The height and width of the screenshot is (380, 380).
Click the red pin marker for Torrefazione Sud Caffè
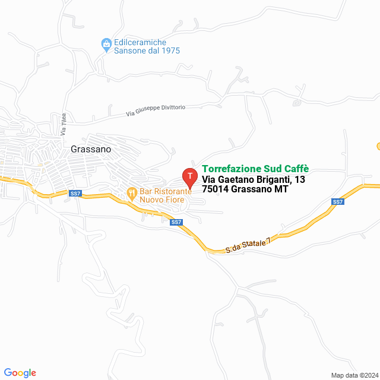point(189,176)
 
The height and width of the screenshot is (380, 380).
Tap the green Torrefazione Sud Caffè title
point(255,169)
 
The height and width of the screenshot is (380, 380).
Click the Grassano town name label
point(90,150)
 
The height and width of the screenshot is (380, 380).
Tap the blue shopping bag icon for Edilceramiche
point(106,43)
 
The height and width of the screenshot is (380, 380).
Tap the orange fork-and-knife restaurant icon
point(131,192)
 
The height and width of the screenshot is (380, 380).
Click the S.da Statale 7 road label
point(248,245)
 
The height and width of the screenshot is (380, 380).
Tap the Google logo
point(20,373)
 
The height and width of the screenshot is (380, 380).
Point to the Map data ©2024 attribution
point(354,375)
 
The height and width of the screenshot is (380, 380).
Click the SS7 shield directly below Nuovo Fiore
point(176,222)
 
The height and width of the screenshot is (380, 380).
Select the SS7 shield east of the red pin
point(338,202)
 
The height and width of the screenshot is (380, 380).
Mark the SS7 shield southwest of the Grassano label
point(75,194)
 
